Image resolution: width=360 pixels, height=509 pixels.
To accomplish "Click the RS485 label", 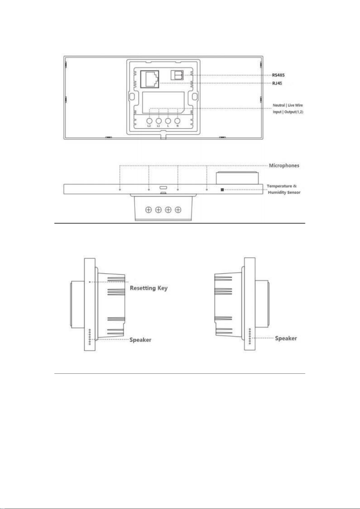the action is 278,75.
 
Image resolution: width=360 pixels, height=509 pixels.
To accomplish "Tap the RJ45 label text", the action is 277,83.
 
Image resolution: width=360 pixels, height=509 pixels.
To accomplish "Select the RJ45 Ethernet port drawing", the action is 150,79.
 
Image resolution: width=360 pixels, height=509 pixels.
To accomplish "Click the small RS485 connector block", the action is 177,75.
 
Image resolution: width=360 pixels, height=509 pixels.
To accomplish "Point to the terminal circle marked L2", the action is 149,121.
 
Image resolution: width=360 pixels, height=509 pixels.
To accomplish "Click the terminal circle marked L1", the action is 159,121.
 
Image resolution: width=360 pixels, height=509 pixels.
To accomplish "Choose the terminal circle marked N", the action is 177,121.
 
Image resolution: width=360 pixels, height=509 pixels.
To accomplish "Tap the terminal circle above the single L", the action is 168,121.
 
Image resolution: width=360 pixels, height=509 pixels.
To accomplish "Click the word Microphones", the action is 284,166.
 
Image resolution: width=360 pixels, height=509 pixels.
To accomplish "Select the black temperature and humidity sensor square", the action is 222,189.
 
